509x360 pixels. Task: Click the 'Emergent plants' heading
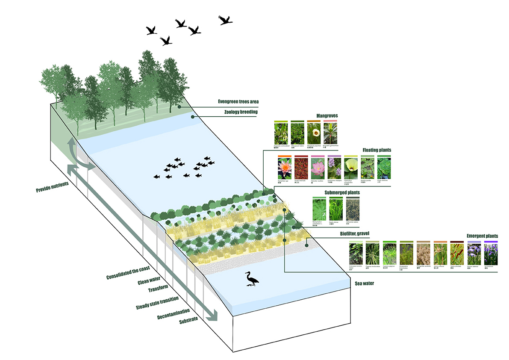pos(482,236)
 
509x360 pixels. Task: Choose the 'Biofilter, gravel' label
pos(340,233)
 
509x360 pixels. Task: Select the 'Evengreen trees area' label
pos(237,102)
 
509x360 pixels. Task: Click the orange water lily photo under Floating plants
pos(285,168)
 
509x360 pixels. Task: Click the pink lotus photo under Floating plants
pos(318,168)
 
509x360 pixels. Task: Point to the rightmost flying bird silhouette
pos(225,20)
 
